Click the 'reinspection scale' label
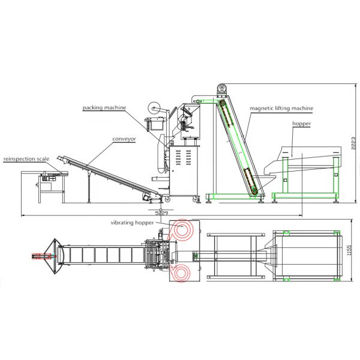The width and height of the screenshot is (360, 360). [x=26, y=159]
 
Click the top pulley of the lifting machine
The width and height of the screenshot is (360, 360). [x=222, y=89]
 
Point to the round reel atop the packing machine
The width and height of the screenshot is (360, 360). [x=155, y=110]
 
